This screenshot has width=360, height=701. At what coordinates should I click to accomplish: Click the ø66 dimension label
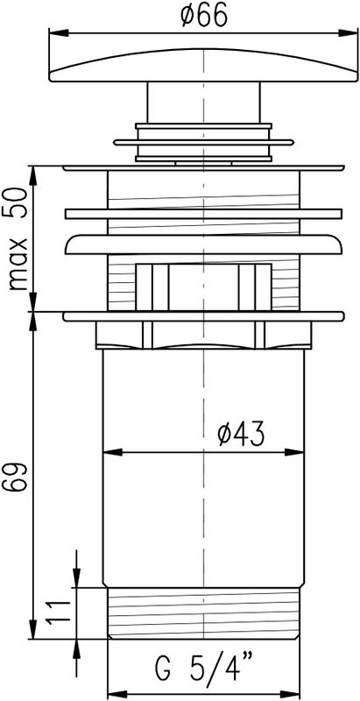pos(204,17)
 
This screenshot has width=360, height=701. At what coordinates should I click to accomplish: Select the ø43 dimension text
pos(241,434)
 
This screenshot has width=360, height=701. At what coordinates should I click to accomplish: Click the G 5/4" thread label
pos(204,671)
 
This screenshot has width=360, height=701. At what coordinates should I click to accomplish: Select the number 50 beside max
pos(18,203)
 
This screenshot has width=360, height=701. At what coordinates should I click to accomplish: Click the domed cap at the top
pos(204,65)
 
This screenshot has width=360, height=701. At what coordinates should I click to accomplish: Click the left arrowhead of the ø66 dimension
pos(59,33)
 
